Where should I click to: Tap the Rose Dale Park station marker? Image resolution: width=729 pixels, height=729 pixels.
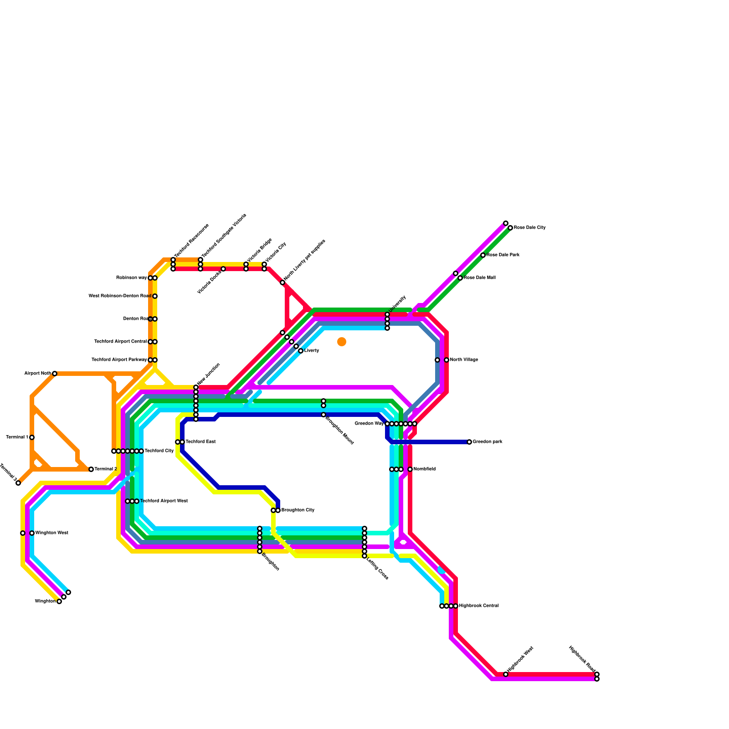point(483,255)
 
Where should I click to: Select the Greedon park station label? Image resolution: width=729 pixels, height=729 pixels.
point(488,442)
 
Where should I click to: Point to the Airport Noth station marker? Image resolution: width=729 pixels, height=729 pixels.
point(55,374)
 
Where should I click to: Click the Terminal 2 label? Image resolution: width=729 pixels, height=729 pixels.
point(106,469)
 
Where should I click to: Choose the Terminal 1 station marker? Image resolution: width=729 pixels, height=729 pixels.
point(32,437)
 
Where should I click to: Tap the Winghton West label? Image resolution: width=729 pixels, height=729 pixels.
point(51,533)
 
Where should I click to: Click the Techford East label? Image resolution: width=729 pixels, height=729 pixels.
point(200,442)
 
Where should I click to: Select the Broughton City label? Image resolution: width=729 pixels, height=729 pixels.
point(298,510)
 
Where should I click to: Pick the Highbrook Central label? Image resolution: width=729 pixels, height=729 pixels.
point(479,606)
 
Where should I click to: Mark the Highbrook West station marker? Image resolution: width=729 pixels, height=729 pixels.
point(506,674)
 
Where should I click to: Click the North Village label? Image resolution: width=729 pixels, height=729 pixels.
point(464,360)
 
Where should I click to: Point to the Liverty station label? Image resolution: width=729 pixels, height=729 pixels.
point(312,351)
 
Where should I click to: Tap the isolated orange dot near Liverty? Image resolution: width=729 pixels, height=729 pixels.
point(342,342)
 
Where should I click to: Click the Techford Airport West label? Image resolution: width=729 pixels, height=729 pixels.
point(164,501)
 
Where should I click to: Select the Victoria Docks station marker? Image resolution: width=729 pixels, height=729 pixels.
point(223,269)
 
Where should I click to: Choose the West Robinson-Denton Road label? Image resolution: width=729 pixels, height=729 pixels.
point(119,296)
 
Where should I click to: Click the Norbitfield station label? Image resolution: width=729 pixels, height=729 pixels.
point(425,469)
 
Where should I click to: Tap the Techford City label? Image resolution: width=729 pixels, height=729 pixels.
point(159,451)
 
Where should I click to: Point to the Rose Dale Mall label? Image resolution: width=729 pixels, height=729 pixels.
point(480,278)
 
